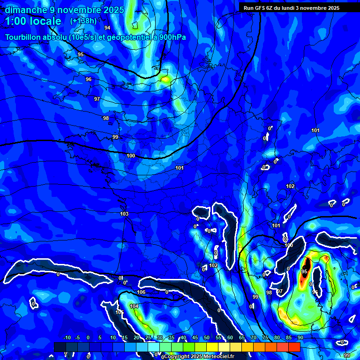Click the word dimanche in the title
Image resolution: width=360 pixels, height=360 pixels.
tap(24, 10)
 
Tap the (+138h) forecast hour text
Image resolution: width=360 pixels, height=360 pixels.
tap(83, 21)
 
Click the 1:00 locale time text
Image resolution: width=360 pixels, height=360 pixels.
tap(33, 21)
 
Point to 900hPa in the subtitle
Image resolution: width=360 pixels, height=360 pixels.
tap(172, 37)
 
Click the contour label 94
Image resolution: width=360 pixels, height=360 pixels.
tap(107, 28)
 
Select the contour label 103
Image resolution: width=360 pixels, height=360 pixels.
tap(124, 214)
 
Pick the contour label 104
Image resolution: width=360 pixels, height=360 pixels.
tap(134, 307)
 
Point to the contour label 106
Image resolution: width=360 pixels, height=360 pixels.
tap(141, 292)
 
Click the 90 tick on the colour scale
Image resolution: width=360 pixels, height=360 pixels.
tap(300, 337)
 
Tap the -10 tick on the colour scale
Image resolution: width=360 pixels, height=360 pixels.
tap(67, 337)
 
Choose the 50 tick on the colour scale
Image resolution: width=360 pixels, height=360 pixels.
tap(207, 337)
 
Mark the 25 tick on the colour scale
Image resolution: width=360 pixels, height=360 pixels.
tap(148, 337)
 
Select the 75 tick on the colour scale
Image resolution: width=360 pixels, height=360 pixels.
tap(265, 337)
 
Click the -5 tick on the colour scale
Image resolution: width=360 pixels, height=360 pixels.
tap(77, 337)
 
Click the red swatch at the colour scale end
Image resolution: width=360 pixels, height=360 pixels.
tap(294, 347)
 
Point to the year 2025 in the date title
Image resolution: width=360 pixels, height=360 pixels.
tap(113, 10)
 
